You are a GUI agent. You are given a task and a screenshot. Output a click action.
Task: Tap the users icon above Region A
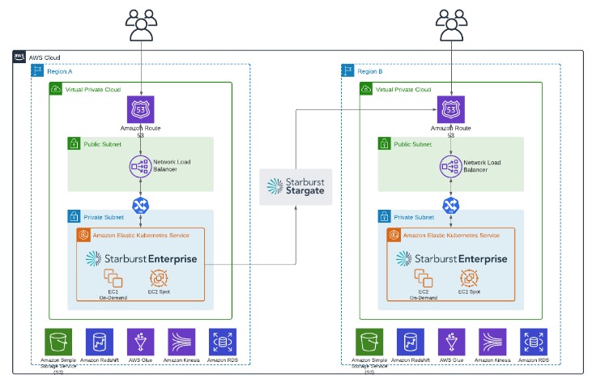142,24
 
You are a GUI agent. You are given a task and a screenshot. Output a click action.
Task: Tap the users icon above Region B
452,24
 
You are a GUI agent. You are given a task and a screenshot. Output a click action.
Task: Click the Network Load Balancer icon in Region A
142,167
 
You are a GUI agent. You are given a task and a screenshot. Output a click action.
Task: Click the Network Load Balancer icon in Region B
452,167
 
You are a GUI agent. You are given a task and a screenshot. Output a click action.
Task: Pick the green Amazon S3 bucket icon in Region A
58,341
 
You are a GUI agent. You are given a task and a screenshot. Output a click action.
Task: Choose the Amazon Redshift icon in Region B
410,341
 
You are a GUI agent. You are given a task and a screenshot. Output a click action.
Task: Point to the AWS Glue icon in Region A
141,341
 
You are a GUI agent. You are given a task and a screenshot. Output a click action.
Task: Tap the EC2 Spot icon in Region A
159,279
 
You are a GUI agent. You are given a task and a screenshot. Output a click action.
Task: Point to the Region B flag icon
347,71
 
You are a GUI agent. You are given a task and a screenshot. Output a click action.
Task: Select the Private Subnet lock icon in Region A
74,217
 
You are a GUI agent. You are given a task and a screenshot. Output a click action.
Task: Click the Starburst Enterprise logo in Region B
451,258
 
